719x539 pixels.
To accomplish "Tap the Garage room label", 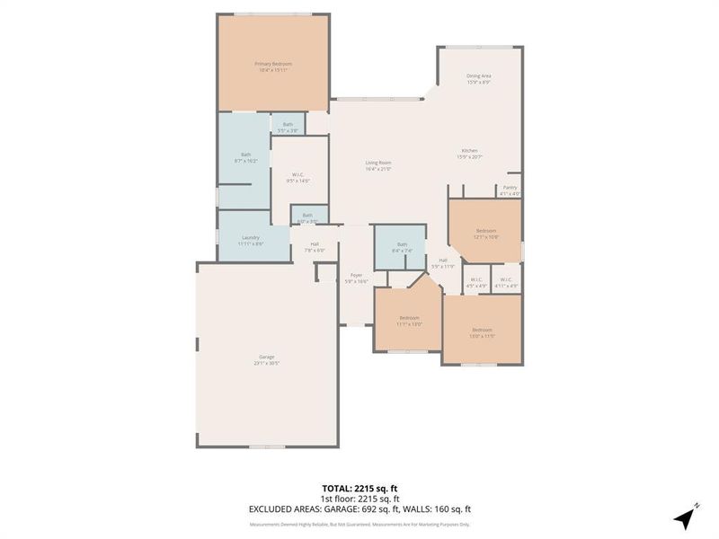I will [x=267, y=360].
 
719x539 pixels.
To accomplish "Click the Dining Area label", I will [x=478, y=78].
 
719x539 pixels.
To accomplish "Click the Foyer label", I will [x=357, y=278].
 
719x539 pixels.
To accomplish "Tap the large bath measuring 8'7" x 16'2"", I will [x=245, y=157].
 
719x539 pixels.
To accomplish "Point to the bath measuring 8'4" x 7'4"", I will [x=402, y=248].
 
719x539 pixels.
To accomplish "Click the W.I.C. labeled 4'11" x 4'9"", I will [x=507, y=282].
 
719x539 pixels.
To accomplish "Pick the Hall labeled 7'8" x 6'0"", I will [x=315, y=247].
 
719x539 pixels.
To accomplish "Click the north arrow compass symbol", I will [x=686, y=517].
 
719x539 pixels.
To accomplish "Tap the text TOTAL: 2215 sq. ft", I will [x=359, y=489].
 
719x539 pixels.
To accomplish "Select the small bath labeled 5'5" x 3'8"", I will [x=288, y=128].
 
